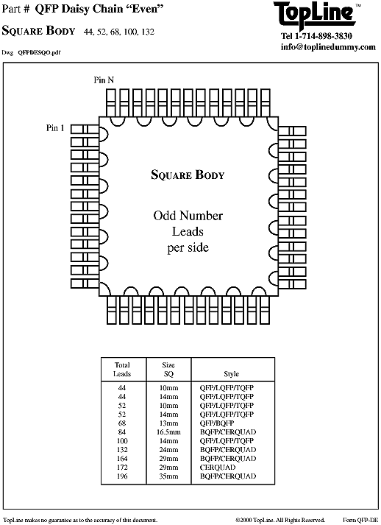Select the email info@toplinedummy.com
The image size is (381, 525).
coord(328,47)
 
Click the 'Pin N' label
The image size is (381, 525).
coord(104,80)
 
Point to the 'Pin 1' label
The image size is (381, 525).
coord(55,128)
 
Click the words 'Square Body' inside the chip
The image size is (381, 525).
coord(188,175)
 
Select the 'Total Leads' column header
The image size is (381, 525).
coord(122,370)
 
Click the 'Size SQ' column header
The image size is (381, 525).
coord(168,370)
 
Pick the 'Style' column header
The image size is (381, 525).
coord(232,374)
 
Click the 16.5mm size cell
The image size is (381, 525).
coord(168,432)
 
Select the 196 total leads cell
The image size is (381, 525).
coord(122,476)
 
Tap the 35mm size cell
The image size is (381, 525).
coord(168,476)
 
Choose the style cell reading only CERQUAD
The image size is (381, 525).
coord(218,468)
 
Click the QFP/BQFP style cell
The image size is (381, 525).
coord(217,423)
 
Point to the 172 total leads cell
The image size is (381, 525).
coord(122,468)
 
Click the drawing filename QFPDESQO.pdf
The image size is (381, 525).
coord(39,52)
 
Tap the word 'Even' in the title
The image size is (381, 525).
coord(146,9)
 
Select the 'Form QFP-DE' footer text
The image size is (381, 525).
coord(360,520)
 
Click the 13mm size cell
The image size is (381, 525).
coord(168,423)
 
